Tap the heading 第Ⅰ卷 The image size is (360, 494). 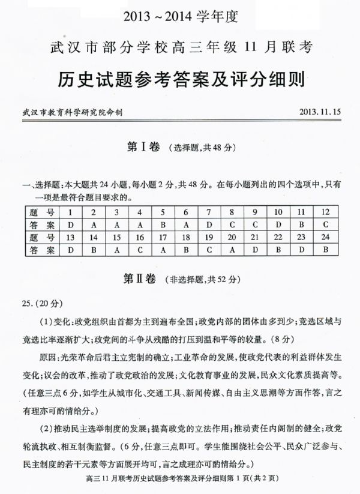coord(144,147)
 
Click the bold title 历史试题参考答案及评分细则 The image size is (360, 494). coord(179,79)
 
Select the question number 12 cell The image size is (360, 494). coord(325,212)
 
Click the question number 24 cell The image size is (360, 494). coord(325,238)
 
